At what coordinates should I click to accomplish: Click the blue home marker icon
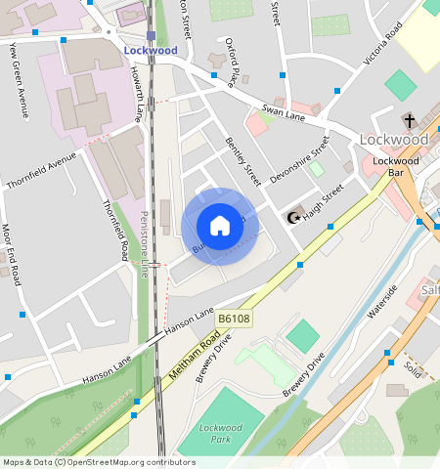click(x=220, y=227)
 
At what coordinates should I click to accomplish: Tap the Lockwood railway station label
click(x=151, y=50)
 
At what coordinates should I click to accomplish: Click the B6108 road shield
click(x=233, y=319)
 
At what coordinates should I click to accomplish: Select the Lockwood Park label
click(x=220, y=432)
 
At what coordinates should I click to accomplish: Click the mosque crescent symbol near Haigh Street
click(x=290, y=216)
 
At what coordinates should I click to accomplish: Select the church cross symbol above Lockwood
click(x=409, y=121)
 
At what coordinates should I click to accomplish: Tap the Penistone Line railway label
click(x=144, y=244)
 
